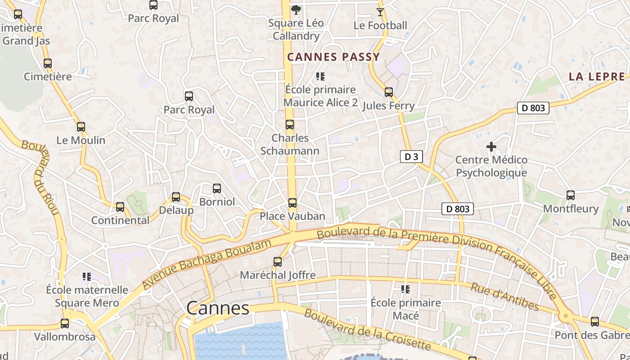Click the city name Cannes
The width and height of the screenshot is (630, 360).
coord(217,308)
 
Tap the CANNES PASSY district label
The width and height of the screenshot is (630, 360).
coord(333,57)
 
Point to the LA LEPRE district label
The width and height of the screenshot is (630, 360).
coord(597,76)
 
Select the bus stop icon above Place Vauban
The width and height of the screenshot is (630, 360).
coord(292,203)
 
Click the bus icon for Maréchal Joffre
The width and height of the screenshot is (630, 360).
coord(278,261)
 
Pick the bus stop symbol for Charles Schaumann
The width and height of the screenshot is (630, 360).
coord(290,125)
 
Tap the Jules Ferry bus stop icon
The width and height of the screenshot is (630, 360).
coord(389,92)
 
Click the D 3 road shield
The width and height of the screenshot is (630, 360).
coord(411,157)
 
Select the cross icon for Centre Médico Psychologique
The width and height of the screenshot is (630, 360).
coord(491,147)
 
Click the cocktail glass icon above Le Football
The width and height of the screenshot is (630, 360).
coord(380,12)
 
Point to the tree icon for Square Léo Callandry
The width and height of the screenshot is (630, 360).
coord(296,9)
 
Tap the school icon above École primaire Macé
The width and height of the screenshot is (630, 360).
coord(405,289)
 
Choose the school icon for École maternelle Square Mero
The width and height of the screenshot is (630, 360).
coord(87,276)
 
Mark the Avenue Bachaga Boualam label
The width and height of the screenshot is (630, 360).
coord(207,265)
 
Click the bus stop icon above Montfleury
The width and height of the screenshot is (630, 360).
coord(571,195)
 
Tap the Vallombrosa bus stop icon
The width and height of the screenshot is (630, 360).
coord(65,324)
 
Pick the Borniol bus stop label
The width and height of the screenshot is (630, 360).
coord(217,202)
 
